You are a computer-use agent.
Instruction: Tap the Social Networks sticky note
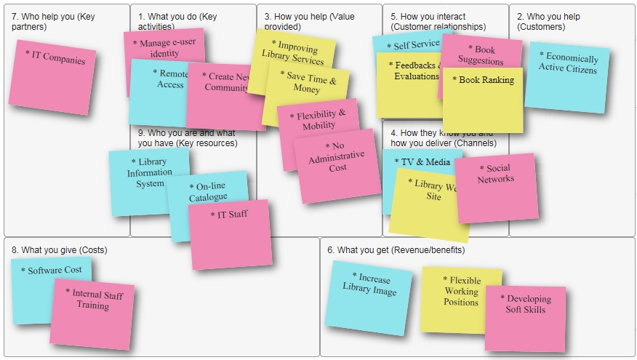point(497,188)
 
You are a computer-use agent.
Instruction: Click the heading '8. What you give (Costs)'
point(59,250)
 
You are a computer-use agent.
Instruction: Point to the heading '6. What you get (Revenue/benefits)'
point(396,250)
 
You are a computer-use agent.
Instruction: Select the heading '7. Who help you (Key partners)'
point(52,21)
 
